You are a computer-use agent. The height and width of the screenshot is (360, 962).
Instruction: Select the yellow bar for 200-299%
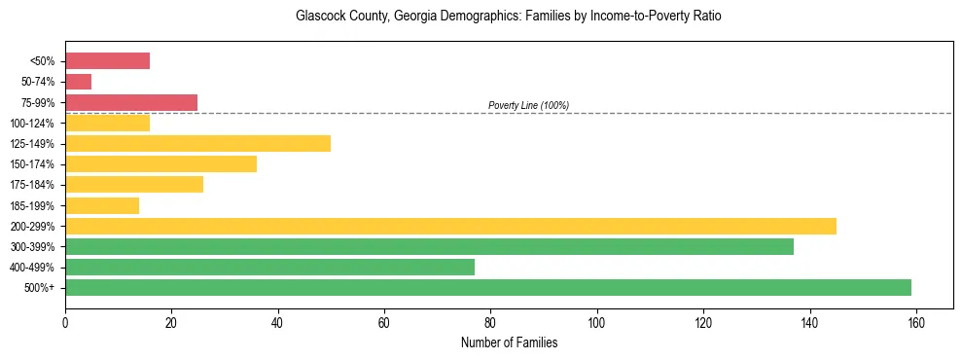pyautogui.click(x=450, y=226)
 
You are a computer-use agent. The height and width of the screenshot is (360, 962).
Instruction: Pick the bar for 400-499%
pyautogui.click(x=269, y=267)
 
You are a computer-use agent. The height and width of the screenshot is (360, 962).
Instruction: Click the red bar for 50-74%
pyautogui.click(x=78, y=82)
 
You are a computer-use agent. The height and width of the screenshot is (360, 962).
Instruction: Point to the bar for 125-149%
pyautogui.click(x=197, y=143)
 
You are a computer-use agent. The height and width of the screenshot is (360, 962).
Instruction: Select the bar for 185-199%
pyautogui.click(x=102, y=205)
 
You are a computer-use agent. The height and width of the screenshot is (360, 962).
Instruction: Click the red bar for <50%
pyautogui.click(x=107, y=61)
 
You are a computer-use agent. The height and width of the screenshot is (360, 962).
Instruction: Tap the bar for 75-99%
pyautogui.click(x=131, y=102)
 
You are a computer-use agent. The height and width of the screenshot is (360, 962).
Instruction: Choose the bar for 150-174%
pyautogui.click(x=160, y=163)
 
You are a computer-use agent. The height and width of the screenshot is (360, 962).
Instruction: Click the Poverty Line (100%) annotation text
pyautogui.click(x=528, y=105)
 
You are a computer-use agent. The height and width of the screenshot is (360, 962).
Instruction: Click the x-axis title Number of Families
pyautogui.click(x=509, y=342)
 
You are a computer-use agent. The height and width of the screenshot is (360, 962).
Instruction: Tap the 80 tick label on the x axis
pyautogui.click(x=490, y=322)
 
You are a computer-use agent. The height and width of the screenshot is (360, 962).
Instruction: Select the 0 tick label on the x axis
pyautogui.click(x=65, y=322)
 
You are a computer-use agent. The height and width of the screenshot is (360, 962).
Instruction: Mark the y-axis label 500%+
pyautogui.click(x=40, y=288)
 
